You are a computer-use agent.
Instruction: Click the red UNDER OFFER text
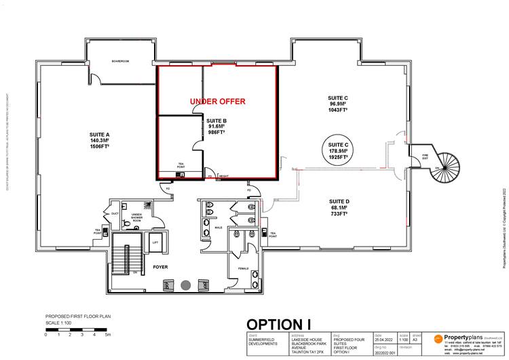coord(217,101)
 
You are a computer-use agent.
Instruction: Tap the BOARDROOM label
coord(120,62)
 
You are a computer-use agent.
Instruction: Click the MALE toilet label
coord(219,228)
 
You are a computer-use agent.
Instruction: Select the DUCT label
coord(115,214)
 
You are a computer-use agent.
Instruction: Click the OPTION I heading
coord(284,325)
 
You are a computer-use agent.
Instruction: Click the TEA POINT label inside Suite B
coord(181,164)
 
